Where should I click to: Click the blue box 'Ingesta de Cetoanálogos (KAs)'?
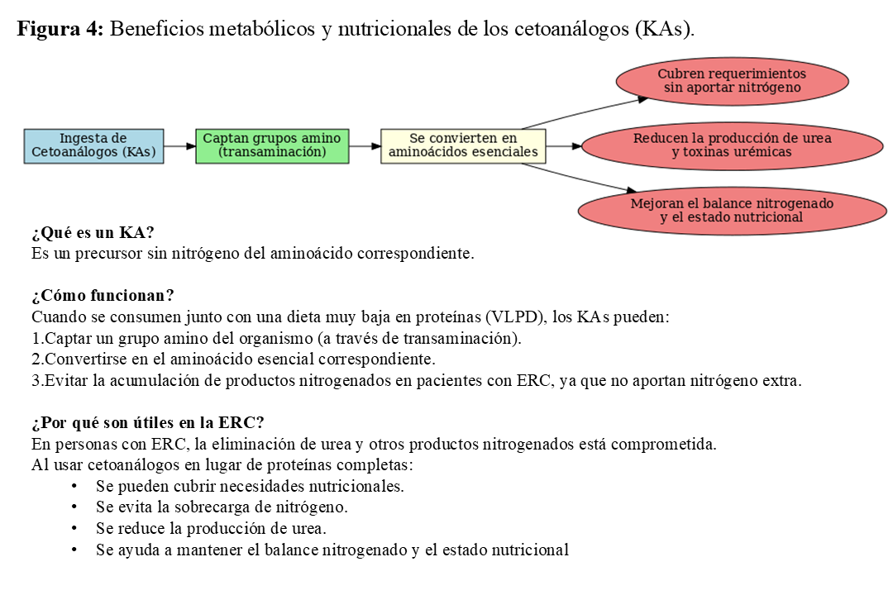tap(93, 145)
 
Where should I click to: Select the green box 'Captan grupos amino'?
tap(272, 145)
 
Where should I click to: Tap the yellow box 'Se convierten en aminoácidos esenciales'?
tap(463, 145)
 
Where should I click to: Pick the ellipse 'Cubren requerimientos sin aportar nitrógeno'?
tap(732, 81)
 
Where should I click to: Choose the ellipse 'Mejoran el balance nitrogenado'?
tap(732, 210)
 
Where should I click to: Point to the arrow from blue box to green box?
tap(179, 145)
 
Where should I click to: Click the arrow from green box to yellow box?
tap(365, 145)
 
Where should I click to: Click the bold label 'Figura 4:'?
tap(60, 29)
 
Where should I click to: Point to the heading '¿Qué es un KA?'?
tap(93, 233)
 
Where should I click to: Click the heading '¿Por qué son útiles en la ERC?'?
tap(147, 423)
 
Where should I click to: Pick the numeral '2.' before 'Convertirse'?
tap(37, 359)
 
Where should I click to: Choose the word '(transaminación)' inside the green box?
tap(272, 153)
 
